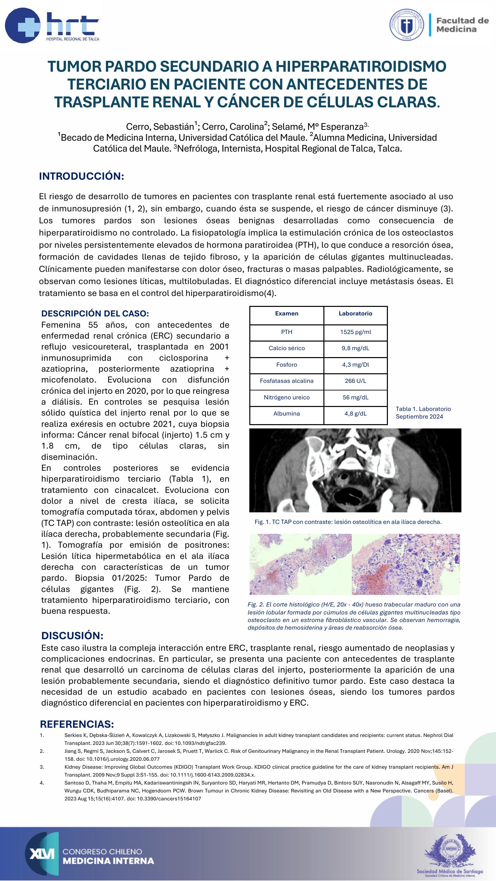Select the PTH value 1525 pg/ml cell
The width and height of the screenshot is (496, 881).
355,332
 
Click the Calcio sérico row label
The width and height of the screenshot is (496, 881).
286,348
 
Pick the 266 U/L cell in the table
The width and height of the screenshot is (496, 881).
355,381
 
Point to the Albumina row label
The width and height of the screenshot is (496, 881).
286,414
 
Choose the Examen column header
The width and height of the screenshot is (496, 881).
286,313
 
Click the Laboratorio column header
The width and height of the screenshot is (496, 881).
355,313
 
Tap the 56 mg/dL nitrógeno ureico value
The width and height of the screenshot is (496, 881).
355,397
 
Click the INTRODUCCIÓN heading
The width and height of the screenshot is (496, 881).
81,176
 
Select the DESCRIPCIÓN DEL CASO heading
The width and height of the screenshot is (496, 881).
95,313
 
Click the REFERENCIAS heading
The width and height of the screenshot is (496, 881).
77,724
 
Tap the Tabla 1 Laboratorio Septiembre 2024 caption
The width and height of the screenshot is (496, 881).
423,413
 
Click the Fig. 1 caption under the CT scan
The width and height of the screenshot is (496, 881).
348,522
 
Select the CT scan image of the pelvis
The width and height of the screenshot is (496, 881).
355,470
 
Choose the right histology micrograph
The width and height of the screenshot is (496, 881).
406,564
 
